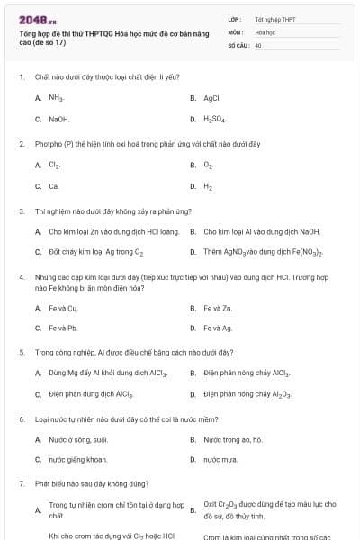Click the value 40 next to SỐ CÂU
pos(258,45)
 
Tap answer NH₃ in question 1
pos(56,97)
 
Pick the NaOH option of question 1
pos(58,119)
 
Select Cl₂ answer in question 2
pos(55,165)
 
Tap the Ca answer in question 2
pos(54,186)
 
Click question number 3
pos(21,211)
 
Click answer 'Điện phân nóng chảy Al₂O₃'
pos(247,394)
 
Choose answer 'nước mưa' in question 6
pos(220,460)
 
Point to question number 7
pos(21,484)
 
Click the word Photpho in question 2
pos(48,144)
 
